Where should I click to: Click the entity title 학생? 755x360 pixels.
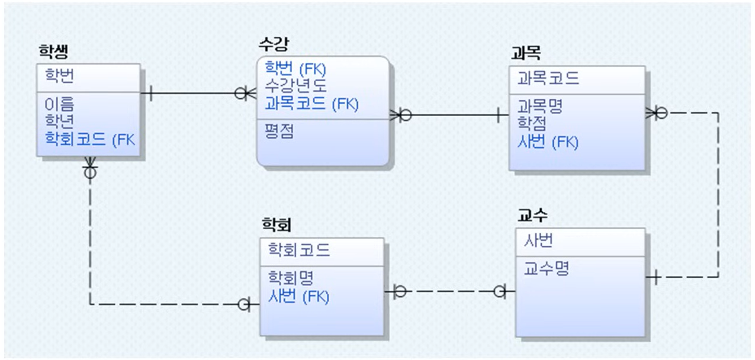53,52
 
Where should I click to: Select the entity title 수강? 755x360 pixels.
274,44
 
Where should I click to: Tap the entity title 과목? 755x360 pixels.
525,53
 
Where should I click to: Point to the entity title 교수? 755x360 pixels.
532,216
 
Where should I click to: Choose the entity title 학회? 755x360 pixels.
277,225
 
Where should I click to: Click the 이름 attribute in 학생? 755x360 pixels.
60,105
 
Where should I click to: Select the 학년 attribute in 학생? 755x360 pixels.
60,121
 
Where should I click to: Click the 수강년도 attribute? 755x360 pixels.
295,86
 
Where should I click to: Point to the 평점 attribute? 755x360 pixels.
279,131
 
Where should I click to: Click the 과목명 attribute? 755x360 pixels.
540,107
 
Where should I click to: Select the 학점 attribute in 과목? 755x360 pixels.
532,124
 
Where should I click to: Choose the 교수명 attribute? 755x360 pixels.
546,269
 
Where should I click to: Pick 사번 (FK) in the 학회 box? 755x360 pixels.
298,296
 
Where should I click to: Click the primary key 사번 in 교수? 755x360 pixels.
538,241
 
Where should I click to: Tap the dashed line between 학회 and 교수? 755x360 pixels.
450,291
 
